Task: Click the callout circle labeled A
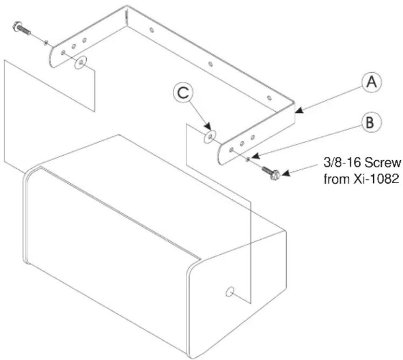[x=372, y=82]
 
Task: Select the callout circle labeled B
[x=371, y=122]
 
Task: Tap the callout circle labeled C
[x=183, y=93]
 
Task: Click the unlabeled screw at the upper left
[x=22, y=28]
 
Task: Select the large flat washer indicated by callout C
[x=210, y=136]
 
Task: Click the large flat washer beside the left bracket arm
[x=80, y=62]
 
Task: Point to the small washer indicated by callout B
[x=247, y=160]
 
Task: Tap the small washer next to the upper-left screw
[x=46, y=43]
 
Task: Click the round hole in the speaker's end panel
[x=230, y=292]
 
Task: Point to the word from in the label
[x=336, y=179]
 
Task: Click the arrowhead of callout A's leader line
[x=299, y=111]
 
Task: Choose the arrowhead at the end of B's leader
[x=255, y=156]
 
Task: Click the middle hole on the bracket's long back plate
[x=210, y=64]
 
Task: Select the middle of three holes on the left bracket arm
[x=74, y=46]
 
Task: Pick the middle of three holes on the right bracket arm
[x=242, y=143]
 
